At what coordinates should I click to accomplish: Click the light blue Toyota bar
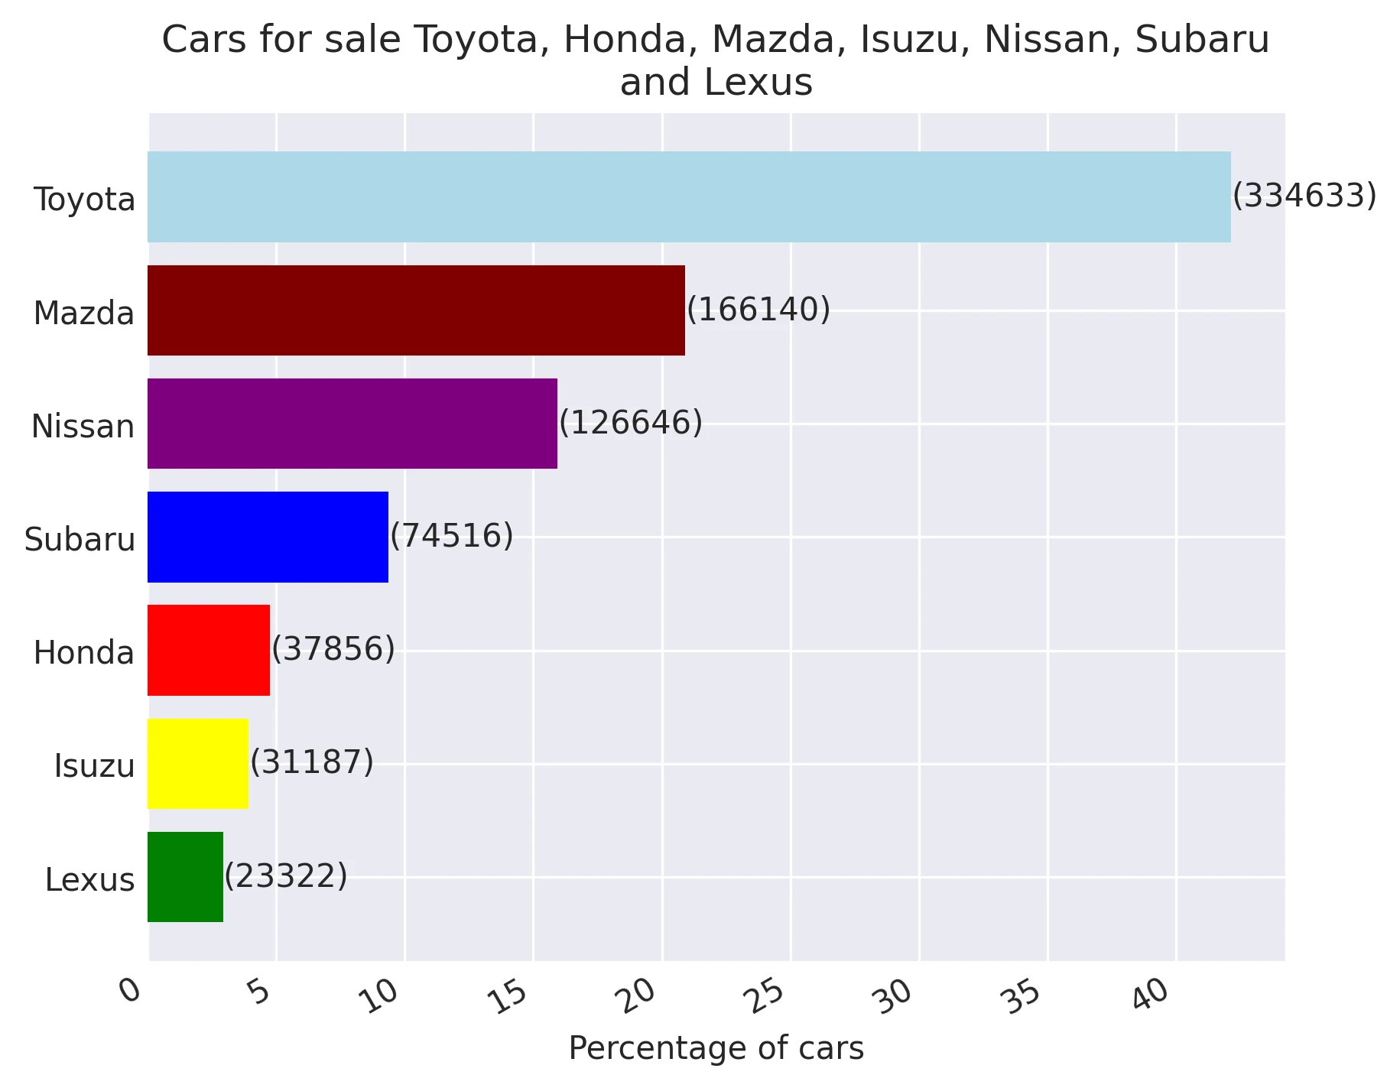coord(688,197)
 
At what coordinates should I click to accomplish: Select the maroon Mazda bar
coord(416,310)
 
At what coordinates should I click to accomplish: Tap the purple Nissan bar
coord(352,424)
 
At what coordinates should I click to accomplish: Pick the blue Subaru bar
coord(268,537)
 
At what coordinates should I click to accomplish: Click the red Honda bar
coord(208,650)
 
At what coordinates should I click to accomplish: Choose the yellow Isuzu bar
coord(197,763)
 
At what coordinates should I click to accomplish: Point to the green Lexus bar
coord(185,877)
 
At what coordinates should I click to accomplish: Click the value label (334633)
coord(1304,196)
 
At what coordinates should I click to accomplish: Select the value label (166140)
coord(758,310)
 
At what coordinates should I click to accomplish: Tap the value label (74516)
coord(451,536)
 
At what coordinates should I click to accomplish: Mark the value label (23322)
coord(285,875)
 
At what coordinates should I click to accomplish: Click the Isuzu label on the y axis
coord(94,766)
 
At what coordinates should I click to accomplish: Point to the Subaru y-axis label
coord(80,540)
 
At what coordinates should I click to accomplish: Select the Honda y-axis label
coord(84,653)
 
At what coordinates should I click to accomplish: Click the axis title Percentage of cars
coord(716,1048)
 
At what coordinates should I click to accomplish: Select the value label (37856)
coord(333,649)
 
